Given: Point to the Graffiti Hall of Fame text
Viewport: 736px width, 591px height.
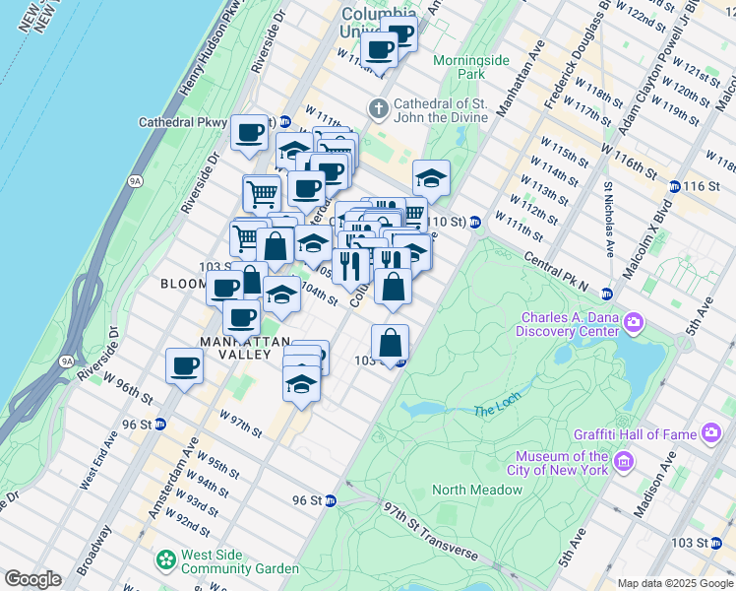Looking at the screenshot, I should (x=636, y=433).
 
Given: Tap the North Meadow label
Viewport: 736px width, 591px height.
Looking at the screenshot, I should (x=476, y=490).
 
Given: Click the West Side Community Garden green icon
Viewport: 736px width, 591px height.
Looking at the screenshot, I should (x=165, y=560).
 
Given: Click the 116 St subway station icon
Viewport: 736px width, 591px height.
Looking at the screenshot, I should (x=675, y=186).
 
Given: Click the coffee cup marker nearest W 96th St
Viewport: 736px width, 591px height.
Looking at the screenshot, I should (x=184, y=366).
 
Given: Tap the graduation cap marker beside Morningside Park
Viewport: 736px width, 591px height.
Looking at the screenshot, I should (x=431, y=178).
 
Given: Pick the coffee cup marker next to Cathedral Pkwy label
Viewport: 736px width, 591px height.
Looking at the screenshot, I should (x=249, y=132).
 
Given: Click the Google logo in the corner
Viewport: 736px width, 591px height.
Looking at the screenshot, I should (x=32, y=578).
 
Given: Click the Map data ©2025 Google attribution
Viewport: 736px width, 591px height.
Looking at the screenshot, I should (x=675, y=583).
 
